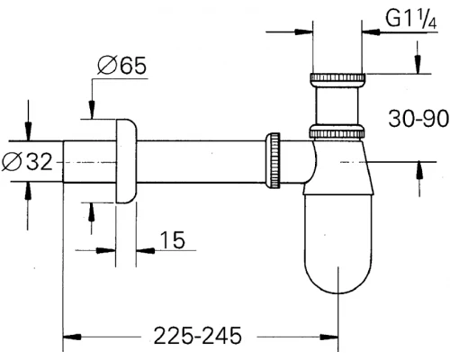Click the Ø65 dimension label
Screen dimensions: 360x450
tap(120, 67)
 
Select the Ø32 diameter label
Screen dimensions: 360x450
tap(31, 162)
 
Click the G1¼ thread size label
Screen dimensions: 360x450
tap(403, 18)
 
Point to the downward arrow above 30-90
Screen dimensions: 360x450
tap(418, 65)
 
